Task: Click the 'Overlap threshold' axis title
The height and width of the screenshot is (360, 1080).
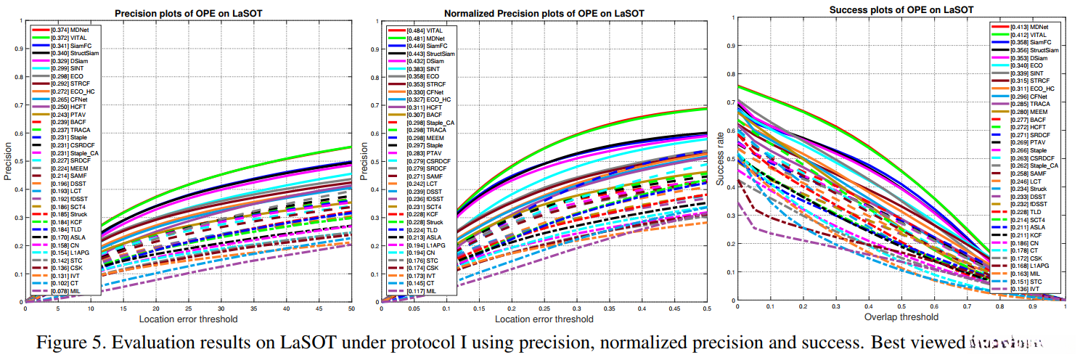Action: click(901, 316)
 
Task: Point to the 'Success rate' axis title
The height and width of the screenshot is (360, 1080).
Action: click(721, 161)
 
